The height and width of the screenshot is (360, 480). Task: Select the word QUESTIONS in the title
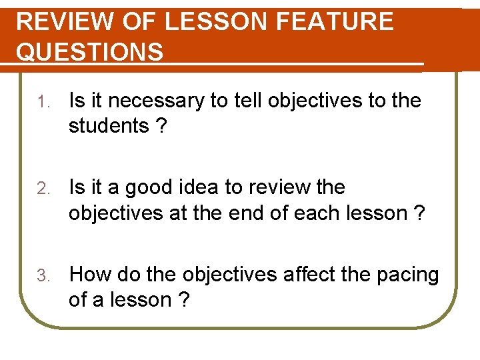(x=89, y=52)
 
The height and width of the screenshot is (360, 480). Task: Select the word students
(x=109, y=125)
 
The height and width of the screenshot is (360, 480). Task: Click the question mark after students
(x=161, y=125)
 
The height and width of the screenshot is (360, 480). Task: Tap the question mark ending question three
(x=183, y=300)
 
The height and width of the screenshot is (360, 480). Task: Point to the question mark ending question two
(x=419, y=213)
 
